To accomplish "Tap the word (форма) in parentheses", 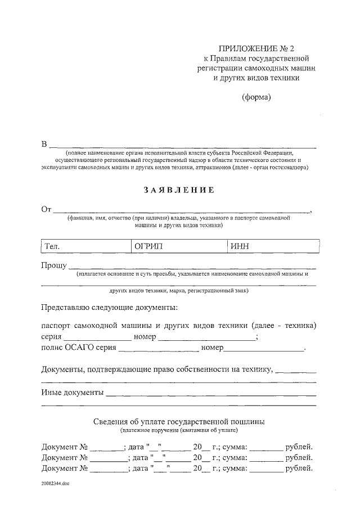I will coord(256,97).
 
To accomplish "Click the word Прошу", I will coord(53,265).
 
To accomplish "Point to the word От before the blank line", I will coord(47,209).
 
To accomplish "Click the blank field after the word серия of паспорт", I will coord(97,337).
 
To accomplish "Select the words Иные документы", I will coord(73,391).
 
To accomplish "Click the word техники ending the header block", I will coord(280,78).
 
